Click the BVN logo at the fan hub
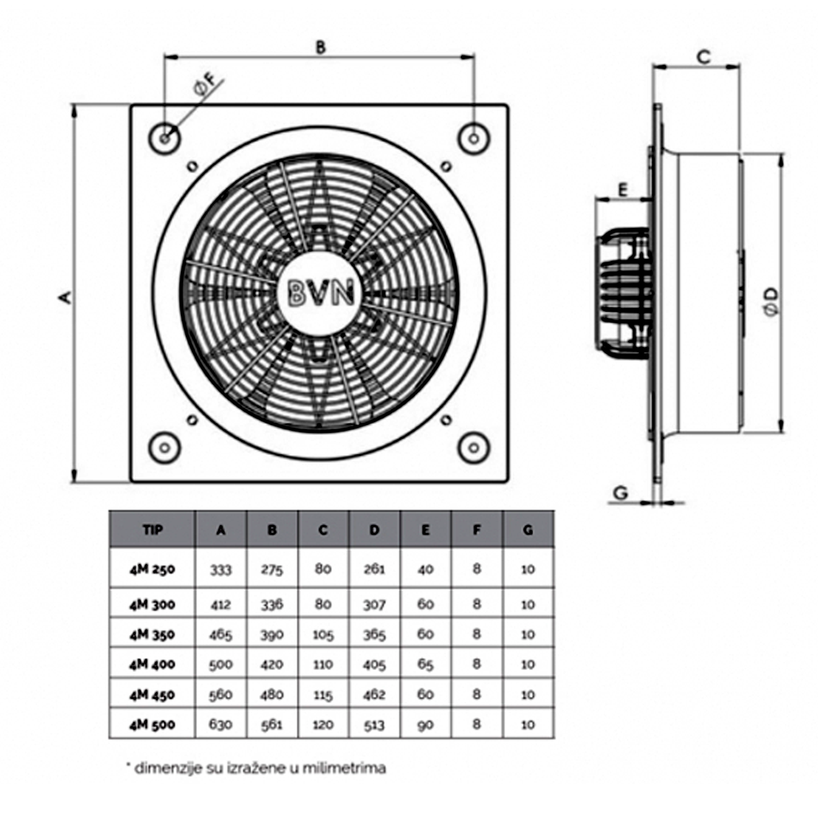pyautogui.click(x=322, y=292)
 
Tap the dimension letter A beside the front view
pyautogui.click(x=65, y=296)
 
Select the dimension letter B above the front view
pyautogui.click(x=321, y=48)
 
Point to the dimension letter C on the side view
pyautogui.click(x=704, y=56)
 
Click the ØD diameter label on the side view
pyautogui.click(x=771, y=301)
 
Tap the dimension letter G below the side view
pyautogui.click(x=620, y=493)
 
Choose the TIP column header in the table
pyautogui.click(x=152, y=530)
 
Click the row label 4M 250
pyautogui.click(x=152, y=568)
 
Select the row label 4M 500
pyautogui.click(x=152, y=724)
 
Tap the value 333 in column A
pyautogui.click(x=221, y=569)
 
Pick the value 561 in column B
pyautogui.click(x=271, y=724)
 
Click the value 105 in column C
pyautogui.click(x=322, y=634)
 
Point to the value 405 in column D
pyautogui.click(x=374, y=664)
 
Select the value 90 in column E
pyautogui.click(x=425, y=724)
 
